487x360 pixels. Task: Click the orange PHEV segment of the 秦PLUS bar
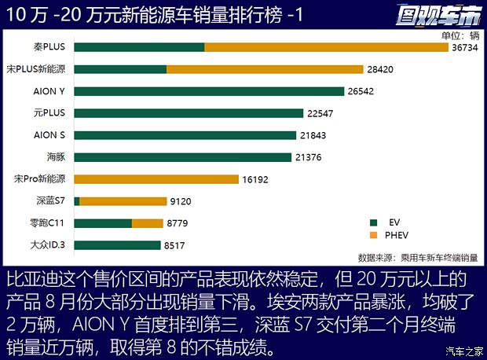click(x=326, y=47)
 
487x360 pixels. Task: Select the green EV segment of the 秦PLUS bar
click(x=139, y=47)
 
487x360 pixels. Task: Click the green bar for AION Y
click(x=209, y=91)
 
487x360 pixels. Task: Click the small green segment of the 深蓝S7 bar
click(x=77, y=201)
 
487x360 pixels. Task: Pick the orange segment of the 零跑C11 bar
click(x=148, y=223)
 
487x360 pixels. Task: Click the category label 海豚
click(x=57, y=157)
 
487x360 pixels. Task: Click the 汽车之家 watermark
click(x=463, y=351)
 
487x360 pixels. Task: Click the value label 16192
click(x=256, y=179)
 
